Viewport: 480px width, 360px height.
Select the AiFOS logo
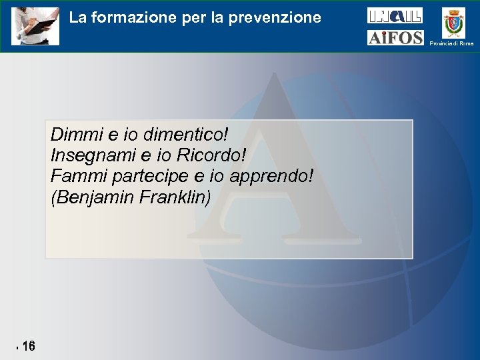point(395,37)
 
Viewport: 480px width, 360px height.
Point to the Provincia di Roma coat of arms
point(455,22)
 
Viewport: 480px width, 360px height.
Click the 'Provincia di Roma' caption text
point(451,43)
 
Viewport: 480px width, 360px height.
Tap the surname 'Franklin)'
point(175,198)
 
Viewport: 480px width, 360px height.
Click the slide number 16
point(28,347)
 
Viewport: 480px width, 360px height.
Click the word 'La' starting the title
point(77,17)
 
